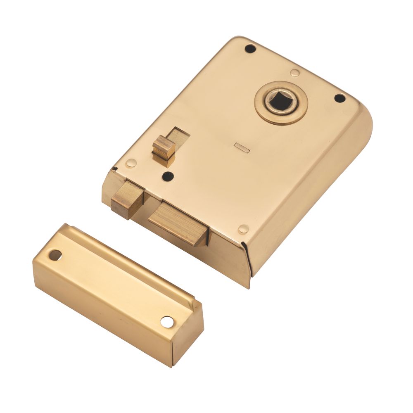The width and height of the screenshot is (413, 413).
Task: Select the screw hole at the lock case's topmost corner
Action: coord(250,49)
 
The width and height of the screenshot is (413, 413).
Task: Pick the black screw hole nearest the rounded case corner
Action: coord(339,98)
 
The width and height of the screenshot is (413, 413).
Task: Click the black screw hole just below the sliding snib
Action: coord(167,176)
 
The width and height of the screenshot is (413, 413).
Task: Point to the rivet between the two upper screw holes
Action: coord(294,73)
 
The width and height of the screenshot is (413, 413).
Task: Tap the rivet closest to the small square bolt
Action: coord(131,163)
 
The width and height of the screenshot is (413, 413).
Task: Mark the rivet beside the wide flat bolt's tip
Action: coord(244,228)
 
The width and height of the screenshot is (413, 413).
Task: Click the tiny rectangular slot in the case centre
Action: coord(241,147)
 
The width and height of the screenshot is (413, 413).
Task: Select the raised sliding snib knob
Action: coord(164,148)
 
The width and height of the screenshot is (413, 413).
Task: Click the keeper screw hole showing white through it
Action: coord(168,321)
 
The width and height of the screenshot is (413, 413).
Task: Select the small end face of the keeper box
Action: coord(188,337)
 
